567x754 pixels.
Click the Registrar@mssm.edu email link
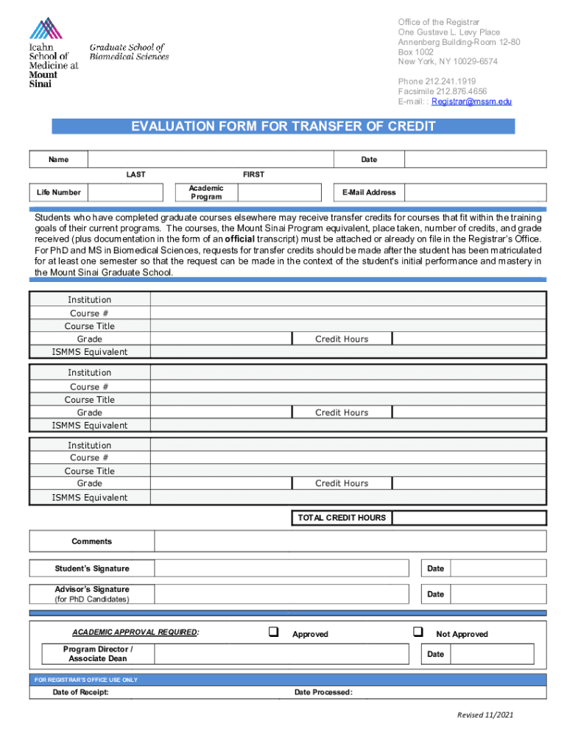pyautogui.click(x=471, y=102)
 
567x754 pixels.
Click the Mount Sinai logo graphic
pyautogui.click(x=46, y=29)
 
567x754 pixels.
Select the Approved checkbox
pyautogui.click(x=273, y=632)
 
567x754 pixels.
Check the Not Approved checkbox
pyautogui.click(x=418, y=632)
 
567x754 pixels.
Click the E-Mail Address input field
pyautogui.click(x=476, y=192)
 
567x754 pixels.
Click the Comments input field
pyautogui.click(x=350, y=541)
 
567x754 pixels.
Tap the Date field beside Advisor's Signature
pyautogui.click(x=498, y=593)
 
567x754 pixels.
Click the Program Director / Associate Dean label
pyautogui.click(x=98, y=654)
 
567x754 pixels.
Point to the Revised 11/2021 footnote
pyautogui.click(x=485, y=716)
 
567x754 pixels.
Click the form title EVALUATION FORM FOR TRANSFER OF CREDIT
pyautogui.click(x=283, y=127)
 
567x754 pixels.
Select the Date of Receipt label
pyautogui.click(x=80, y=692)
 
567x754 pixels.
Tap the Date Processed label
pyautogui.click(x=323, y=692)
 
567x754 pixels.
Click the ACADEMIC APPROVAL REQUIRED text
pyautogui.click(x=135, y=633)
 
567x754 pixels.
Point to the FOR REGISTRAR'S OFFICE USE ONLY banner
pyautogui.click(x=86, y=680)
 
